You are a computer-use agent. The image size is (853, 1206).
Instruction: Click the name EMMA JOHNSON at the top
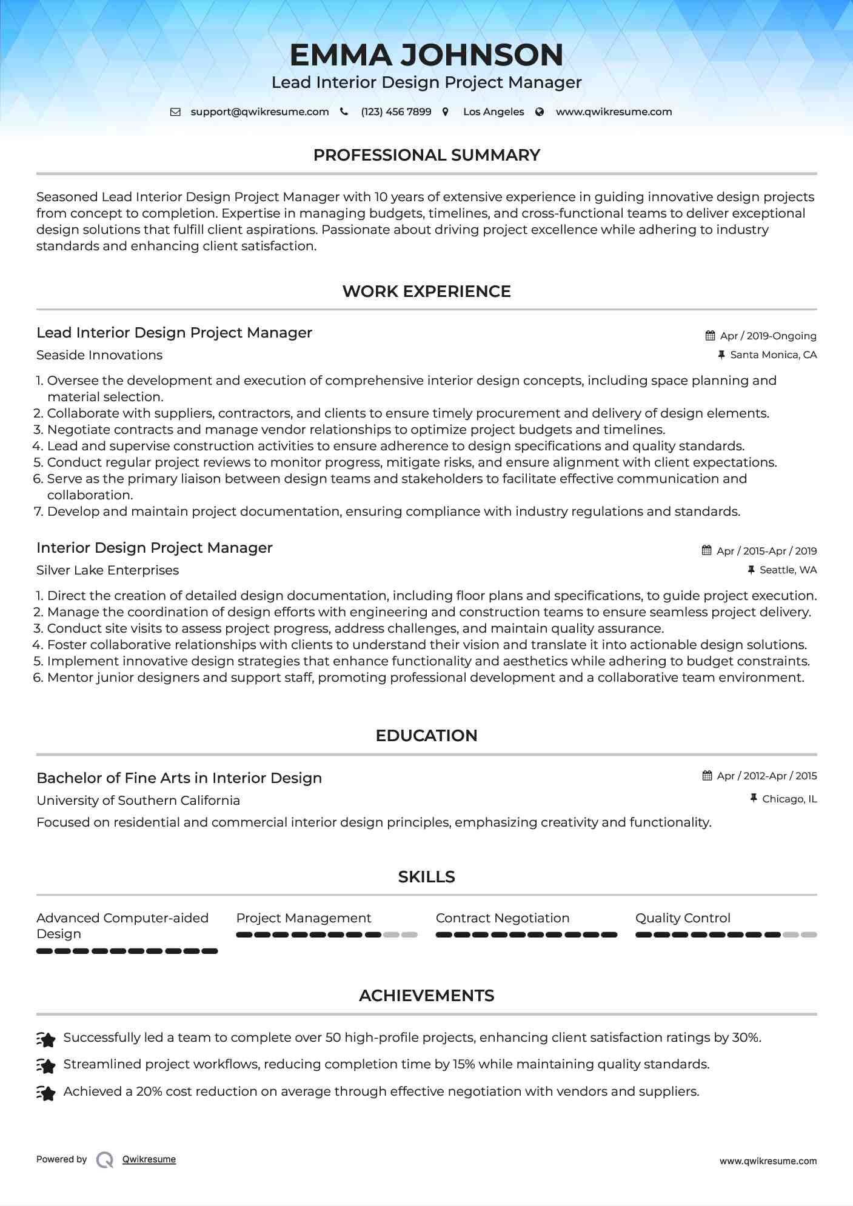[x=426, y=55]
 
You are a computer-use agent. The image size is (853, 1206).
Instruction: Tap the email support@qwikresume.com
[x=259, y=112]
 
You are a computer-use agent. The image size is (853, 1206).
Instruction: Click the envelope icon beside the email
[x=175, y=112]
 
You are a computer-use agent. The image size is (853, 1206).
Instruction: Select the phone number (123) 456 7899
[x=396, y=112]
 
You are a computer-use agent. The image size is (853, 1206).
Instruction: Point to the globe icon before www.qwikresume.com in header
[x=540, y=112]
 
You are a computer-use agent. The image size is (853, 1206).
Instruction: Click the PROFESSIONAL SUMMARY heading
[x=426, y=155]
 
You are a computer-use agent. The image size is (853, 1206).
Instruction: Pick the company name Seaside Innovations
[x=99, y=355]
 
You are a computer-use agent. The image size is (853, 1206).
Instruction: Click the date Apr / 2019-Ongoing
[x=768, y=336]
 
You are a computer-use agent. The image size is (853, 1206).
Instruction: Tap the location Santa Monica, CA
[x=773, y=355]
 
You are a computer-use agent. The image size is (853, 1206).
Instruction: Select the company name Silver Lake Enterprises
[x=107, y=570]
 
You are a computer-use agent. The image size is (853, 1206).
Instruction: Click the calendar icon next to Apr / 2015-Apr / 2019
[x=707, y=550]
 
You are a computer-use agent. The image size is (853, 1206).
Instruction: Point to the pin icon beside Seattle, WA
[x=751, y=570]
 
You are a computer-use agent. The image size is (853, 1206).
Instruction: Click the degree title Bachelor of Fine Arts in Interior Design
[x=179, y=778]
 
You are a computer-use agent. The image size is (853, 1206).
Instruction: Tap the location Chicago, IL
[x=789, y=799]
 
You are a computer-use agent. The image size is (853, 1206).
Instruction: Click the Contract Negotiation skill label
[x=502, y=918]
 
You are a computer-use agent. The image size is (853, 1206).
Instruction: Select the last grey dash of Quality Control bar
[x=809, y=935]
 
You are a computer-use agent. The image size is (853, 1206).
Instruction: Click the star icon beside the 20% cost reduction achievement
[x=46, y=1092]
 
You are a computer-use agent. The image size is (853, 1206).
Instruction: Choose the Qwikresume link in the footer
[x=149, y=1159]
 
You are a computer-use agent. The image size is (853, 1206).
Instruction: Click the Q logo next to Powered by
[x=105, y=1159]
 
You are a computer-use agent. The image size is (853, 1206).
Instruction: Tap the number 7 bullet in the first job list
[x=38, y=511]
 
